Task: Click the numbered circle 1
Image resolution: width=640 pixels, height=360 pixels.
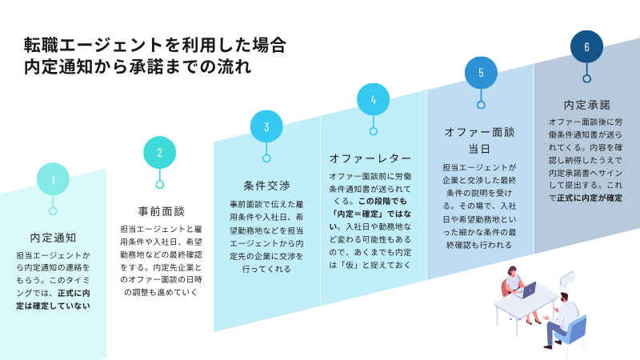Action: (53, 178)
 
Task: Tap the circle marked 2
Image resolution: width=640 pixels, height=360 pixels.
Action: (159, 153)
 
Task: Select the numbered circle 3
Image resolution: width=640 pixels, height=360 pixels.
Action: (266, 126)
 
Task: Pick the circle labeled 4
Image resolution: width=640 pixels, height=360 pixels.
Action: (373, 99)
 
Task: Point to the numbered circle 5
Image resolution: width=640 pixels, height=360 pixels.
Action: (481, 73)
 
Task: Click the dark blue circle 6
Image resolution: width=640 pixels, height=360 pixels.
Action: (586, 46)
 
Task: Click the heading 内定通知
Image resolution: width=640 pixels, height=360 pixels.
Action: (53, 238)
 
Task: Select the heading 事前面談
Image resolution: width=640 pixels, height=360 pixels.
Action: (162, 211)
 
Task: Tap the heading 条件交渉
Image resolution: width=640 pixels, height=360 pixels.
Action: (266, 186)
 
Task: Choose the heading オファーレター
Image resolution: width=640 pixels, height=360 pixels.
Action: (370, 158)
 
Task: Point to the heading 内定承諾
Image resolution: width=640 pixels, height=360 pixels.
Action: (587, 106)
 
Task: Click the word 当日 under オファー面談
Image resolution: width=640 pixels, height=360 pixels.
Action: (479, 149)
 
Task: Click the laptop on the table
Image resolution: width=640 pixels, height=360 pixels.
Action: (526, 290)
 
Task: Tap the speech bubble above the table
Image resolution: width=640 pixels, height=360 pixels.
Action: (567, 278)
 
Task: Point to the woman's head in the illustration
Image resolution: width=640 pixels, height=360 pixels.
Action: (511, 271)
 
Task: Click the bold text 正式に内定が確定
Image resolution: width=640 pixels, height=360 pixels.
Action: (590, 198)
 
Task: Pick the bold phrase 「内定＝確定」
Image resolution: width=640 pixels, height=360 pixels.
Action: (356, 214)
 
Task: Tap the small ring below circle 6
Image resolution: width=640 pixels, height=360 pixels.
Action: (586, 78)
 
